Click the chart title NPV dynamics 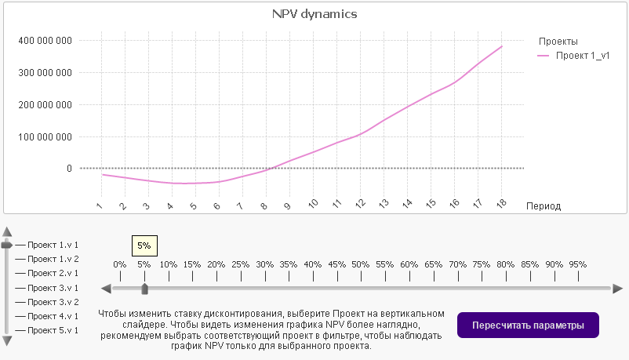[314, 14]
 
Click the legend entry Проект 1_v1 [582, 56]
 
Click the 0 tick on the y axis [69, 168]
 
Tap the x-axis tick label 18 [500, 205]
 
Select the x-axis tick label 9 [288, 205]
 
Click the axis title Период [544, 205]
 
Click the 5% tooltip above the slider [144, 245]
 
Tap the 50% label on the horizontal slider [360, 264]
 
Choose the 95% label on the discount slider [577, 264]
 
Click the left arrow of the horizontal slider [106, 289]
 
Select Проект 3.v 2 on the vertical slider [53, 302]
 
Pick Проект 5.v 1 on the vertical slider [53, 330]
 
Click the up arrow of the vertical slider [7, 231]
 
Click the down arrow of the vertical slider [7, 341]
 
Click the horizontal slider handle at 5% [144, 289]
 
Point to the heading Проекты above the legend [558, 41]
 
